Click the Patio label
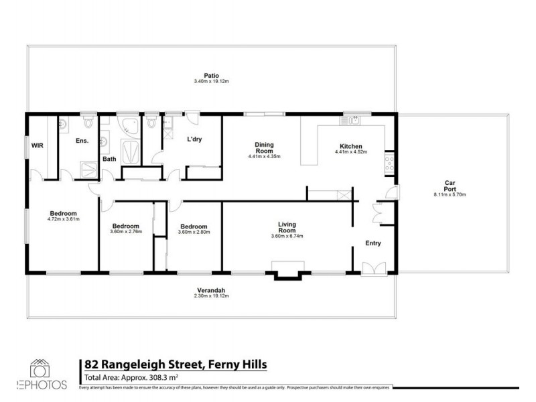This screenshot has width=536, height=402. point(211,76)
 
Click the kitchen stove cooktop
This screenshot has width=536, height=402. point(389,161)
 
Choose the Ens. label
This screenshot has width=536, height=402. point(82,141)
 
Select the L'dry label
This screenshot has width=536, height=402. point(194,139)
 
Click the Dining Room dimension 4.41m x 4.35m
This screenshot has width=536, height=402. point(263,157)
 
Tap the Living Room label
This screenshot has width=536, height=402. point(287,228)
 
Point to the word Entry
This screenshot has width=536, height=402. point(373,243)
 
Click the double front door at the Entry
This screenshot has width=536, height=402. point(370,269)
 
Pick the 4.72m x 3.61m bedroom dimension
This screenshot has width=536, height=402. point(64,219)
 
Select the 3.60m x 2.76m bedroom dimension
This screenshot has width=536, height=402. point(126,232)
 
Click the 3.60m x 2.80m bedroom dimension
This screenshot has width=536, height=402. point(194,232)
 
